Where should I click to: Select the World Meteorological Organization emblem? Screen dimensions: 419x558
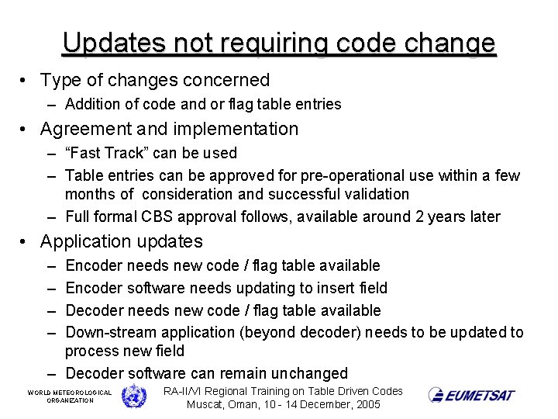point(134,396)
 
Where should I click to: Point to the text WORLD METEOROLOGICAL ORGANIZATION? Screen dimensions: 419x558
point(70,396)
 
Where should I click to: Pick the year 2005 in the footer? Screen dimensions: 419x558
point(366,405)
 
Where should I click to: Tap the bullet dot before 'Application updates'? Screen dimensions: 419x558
point(26,242)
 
